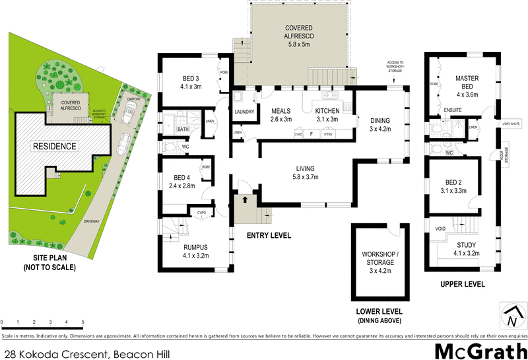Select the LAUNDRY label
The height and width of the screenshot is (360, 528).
coord(244,112)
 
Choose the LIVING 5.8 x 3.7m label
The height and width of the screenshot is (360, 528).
coord(306,172)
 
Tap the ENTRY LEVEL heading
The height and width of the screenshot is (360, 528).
coord(269,235)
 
